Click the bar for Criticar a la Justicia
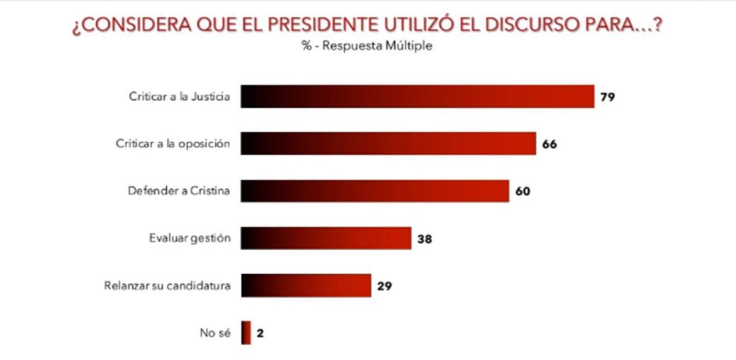click(417, 97)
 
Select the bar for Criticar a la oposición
click(388, 144)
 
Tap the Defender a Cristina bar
click(375, 191)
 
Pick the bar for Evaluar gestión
click(326, 238)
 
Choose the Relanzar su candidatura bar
click(305, 285)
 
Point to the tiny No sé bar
click(245, 333)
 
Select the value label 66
click(549, 144)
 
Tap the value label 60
click(522, 191)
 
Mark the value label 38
click(424, 239)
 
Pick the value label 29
click(385, 286)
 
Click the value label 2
click(259, 334)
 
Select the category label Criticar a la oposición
click(173, 144)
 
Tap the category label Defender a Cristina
click(179, 191)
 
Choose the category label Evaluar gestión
click(190, 238)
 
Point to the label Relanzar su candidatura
click(167, 286)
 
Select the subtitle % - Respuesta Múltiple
click(367, 47)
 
